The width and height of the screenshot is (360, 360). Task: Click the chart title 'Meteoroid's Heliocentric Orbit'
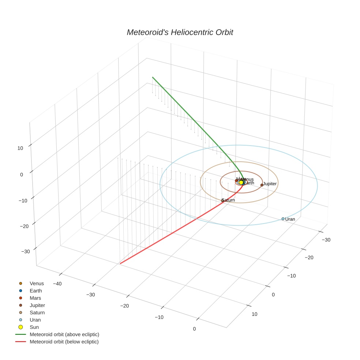point(180,32)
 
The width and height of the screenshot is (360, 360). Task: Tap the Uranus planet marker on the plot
point(283,219)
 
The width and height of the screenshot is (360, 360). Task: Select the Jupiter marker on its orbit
point(262,185)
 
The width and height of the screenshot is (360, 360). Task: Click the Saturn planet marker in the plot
point(223,200)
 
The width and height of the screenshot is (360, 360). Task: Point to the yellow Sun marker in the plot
point(241,182)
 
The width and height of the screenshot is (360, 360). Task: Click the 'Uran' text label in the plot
point(290,219)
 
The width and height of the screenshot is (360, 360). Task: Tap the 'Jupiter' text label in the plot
point(270,184)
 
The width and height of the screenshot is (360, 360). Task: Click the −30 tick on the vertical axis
point(26,251)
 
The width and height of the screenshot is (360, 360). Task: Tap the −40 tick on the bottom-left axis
point(57,284)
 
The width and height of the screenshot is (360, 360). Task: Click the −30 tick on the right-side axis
point(326,240)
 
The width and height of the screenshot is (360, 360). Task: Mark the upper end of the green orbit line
point(153,77)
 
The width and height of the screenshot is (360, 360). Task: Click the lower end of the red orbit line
point(120,263)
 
